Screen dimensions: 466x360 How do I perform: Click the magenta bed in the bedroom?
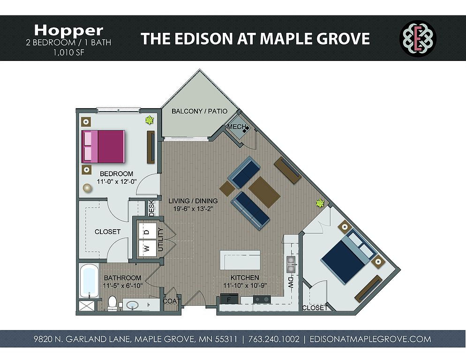coord(103,147)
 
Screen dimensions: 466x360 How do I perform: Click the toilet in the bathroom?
coord(112,303)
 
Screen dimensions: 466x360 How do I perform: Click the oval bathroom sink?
coord(132,305)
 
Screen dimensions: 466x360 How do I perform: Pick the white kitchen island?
coord(240,260)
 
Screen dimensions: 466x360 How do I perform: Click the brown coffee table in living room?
coord(264,192)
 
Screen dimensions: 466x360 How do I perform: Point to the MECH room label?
coord(237,127)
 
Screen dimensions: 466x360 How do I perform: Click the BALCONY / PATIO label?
coord(199,111)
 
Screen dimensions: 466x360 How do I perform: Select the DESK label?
coord(152,208)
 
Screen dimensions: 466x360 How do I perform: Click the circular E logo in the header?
coord(418,38)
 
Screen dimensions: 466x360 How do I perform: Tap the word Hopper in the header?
coord(68,30)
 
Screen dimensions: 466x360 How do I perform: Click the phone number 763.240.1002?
coord(274,339)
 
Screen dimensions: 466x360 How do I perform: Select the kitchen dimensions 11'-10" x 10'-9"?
coord(245,285)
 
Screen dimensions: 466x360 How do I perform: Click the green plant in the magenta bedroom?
coord(149,120)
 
